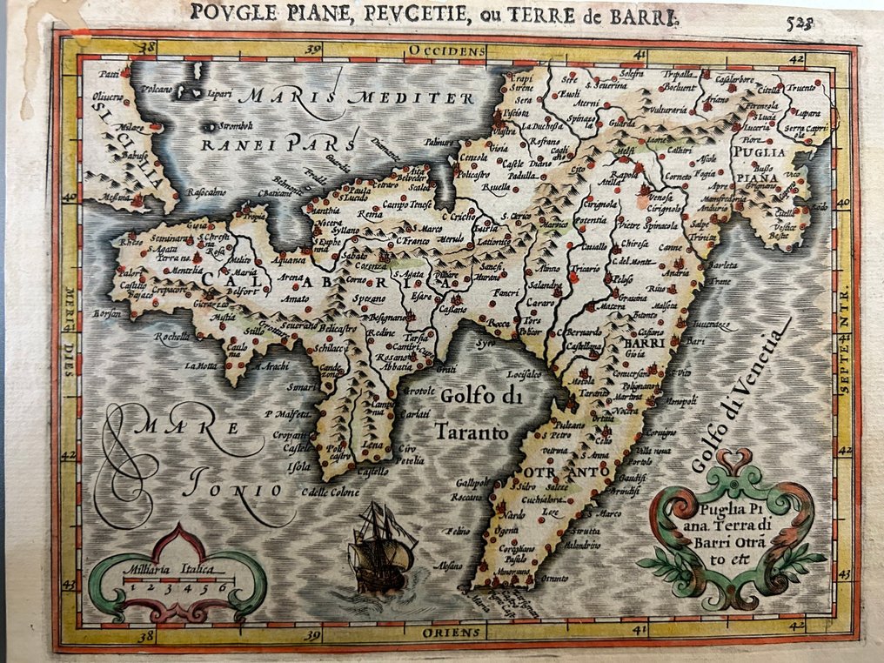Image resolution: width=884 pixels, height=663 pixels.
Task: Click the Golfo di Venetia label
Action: (740, 396)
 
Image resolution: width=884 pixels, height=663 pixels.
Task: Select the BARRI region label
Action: (645, 343)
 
